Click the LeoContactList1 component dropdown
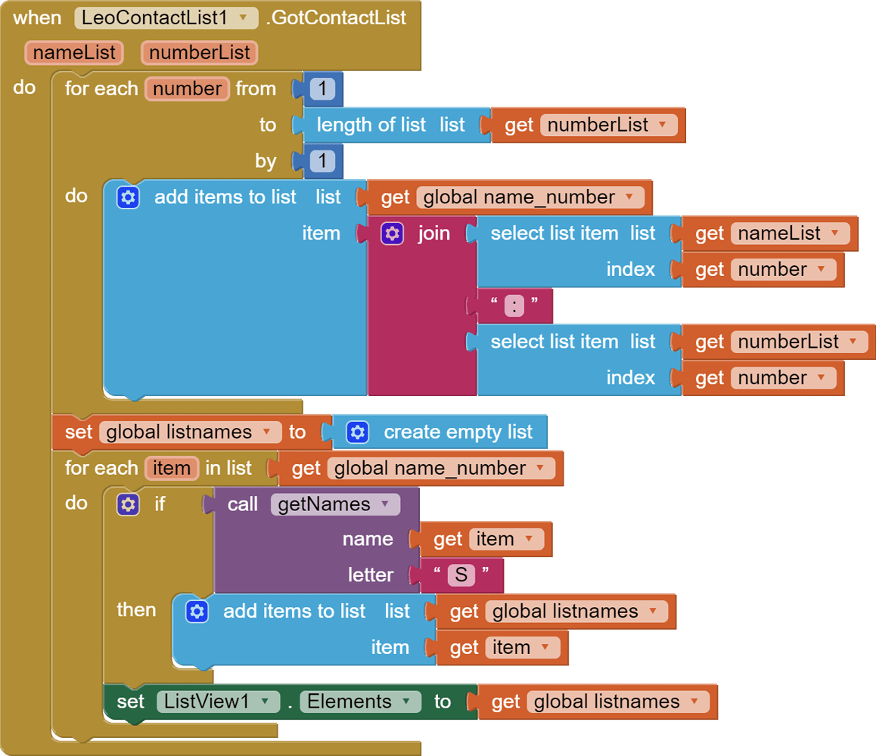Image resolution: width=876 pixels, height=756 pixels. [166, 18]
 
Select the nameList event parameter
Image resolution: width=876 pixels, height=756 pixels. [74, 52]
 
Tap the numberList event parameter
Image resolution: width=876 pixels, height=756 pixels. [200, 52]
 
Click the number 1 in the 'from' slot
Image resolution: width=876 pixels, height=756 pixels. [322, 88]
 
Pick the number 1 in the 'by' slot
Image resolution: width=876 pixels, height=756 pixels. [322, 161]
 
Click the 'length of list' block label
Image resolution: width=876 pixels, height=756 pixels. [371, 125]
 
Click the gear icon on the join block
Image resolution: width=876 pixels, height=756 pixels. [392, 234]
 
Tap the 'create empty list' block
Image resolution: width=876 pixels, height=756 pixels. [440, 432]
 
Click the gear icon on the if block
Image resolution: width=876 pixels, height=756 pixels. [128, 504]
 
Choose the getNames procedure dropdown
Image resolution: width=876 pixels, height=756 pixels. [335, 504]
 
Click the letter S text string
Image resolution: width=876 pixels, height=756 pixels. [461, 575]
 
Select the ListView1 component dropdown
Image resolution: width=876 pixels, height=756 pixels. [219, 702]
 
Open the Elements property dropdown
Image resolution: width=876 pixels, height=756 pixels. [360, 702]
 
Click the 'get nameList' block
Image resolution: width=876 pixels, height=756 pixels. [769, 234]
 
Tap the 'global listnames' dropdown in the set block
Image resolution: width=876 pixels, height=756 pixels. [190, 432]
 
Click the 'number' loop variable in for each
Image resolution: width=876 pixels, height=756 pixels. [187, 88]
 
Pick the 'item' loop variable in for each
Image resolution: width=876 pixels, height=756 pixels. [172, 468]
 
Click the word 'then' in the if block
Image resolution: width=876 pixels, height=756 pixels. [136, 609]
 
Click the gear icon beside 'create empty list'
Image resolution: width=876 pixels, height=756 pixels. [358, 432]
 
